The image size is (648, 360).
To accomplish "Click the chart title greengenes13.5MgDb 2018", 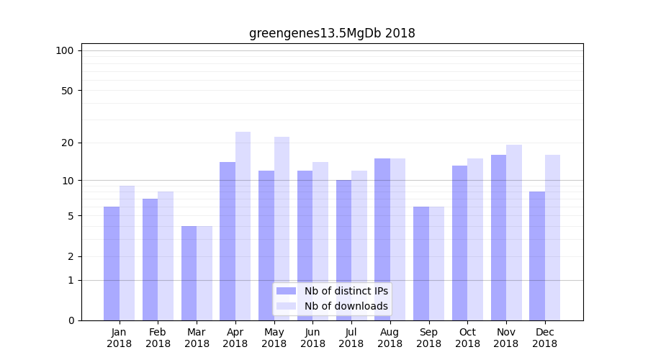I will click(332, 33).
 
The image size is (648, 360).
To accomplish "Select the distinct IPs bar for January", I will click(112, 263).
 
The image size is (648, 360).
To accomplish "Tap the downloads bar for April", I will click(243, 225).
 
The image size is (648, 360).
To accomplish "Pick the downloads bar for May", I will click(282, 228).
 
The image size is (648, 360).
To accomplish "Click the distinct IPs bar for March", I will click(189, 273).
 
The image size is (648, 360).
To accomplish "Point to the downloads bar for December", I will click(552, 238).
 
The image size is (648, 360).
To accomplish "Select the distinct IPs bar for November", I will click(498, 238).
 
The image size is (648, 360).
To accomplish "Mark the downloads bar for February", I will click(166, 256).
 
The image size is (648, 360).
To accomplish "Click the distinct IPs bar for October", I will click(459, 243).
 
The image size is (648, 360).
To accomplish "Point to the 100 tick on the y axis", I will click(65, 50).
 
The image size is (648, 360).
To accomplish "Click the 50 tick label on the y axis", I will click(67, 91).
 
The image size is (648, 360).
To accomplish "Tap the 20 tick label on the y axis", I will click(67, 143).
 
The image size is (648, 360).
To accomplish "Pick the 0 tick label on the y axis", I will click(71, 320).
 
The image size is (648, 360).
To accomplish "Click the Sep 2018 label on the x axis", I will click(428, 338).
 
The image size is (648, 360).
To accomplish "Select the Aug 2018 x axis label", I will click(390, 338).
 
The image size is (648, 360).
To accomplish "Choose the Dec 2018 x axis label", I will click(544, 338).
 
